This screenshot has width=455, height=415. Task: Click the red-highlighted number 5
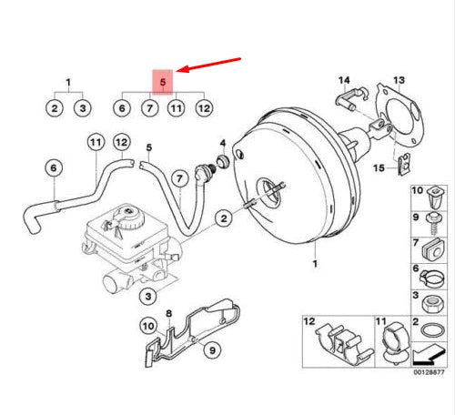163,82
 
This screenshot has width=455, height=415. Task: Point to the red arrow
212,66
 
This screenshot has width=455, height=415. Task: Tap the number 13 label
399,80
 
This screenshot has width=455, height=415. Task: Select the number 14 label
344,80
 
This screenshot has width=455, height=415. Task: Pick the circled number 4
223,144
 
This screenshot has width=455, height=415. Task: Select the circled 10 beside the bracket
147,325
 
